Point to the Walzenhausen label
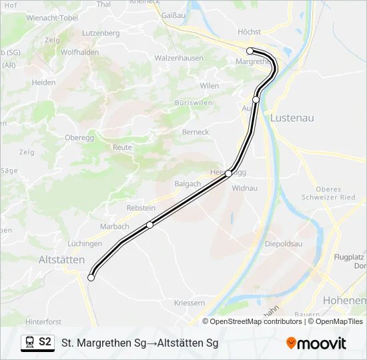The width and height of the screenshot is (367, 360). click(179, 58)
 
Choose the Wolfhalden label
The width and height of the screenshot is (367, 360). click(79, 52)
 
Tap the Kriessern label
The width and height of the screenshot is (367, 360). click(190, 303)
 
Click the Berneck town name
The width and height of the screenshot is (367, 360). click(196, 132)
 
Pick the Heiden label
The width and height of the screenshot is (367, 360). click(43, 83)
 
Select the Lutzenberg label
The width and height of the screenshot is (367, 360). click(100, 33)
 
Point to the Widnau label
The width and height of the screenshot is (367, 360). click(244, 188)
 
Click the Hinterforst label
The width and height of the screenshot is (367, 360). click(43, 321)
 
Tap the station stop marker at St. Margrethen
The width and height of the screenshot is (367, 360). click(250, 51)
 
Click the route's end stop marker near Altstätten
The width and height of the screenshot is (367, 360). click(91, 278)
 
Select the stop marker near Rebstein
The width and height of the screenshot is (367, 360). click(149, 225)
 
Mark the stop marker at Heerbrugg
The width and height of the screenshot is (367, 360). click(228, 173)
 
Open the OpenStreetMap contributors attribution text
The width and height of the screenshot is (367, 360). click(252, 321)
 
